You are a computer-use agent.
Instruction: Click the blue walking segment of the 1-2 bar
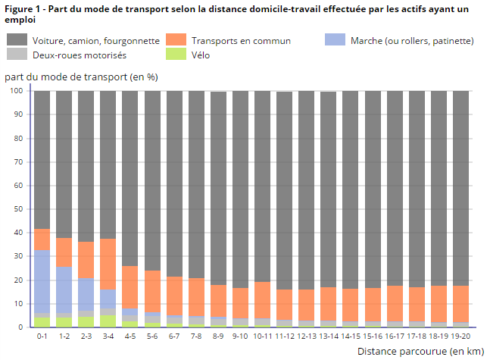[64, 289]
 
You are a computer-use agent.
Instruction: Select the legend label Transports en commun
[241, 40]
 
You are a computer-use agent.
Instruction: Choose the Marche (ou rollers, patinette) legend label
[412, 40]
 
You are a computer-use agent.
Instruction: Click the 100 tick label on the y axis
[17, 91]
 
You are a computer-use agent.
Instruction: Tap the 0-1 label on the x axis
[42, 337]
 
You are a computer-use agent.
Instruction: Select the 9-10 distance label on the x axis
[240, 337]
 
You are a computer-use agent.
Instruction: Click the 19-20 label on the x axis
[460, 337]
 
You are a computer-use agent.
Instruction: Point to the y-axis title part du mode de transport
[80, 77]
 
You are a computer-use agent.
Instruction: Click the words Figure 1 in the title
[22, 8]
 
